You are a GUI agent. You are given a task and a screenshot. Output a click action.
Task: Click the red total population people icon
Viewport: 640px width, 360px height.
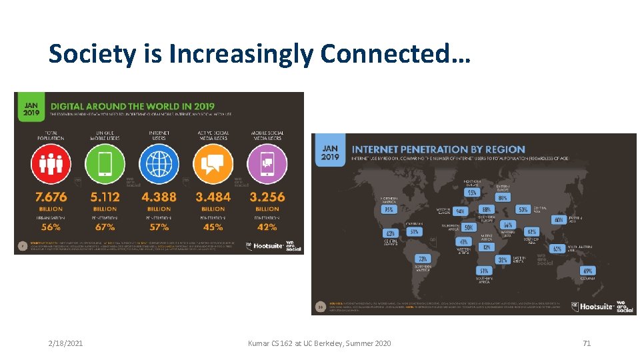51,163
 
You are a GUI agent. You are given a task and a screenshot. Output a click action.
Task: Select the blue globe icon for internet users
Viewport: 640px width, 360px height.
159,163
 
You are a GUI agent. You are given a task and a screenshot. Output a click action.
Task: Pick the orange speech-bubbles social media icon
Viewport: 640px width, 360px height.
213,163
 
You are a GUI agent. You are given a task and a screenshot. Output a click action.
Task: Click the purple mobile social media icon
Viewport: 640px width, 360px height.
267,163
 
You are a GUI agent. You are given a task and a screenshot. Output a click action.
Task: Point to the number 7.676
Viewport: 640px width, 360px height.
51,197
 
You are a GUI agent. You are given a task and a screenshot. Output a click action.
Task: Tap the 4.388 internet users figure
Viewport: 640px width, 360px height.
159,197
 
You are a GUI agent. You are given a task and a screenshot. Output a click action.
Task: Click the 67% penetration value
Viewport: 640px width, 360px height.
105,227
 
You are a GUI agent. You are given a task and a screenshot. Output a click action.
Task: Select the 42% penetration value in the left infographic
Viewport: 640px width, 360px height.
267,227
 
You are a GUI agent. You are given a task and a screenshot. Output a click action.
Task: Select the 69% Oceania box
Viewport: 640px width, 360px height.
587,271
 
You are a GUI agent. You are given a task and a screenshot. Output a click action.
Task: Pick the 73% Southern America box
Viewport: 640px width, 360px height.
422,259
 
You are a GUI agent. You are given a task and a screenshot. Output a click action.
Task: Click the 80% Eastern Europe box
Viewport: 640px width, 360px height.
503,197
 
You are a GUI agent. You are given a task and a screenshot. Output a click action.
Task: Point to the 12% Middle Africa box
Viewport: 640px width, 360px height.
486,247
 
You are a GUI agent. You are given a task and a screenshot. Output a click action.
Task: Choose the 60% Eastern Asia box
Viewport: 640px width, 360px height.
559,220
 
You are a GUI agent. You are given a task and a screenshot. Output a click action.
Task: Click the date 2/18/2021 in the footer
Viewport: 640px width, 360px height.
66,343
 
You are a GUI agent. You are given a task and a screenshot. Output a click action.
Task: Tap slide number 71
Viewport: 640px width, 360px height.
587,343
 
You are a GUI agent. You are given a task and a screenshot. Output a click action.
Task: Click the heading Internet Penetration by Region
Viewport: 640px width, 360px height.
438,149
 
